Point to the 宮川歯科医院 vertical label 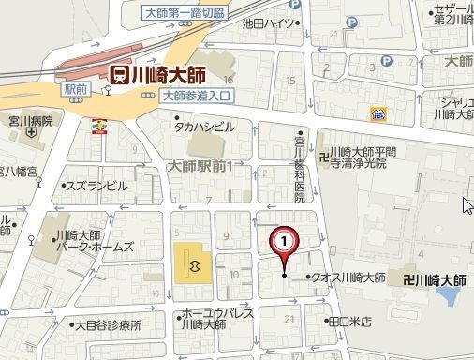pos(300,165)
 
